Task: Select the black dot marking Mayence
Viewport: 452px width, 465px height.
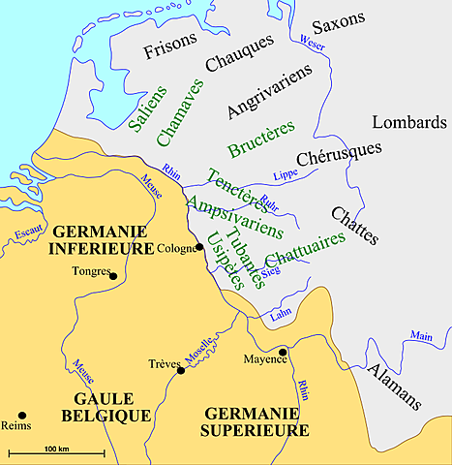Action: tap(282, 351)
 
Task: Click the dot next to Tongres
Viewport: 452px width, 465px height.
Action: tap(113, 276)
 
